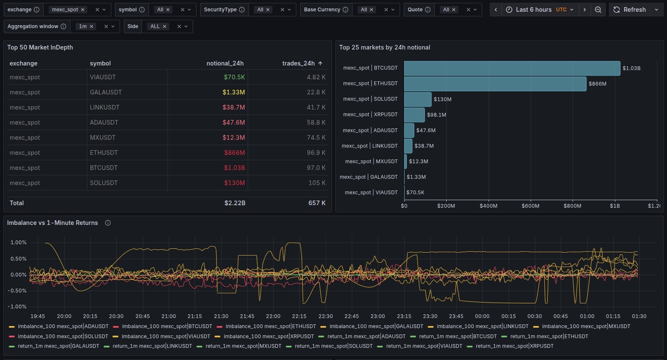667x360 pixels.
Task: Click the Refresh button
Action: pyautogui.click(x=630, y=10)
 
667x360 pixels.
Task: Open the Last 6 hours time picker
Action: pyautogui.click(x=539, y=10)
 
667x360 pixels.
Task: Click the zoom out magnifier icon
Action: pyautogui.click(x=598, y=10)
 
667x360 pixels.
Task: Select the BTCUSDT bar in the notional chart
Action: pyautogui.click(x=512, y=68)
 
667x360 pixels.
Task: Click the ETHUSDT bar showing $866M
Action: pyautogui.click(x=495, y=84)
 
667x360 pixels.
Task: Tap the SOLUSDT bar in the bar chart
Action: pyautogui.click(x=418, y=99)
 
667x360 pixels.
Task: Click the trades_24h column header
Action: pyautogui.click(x=298, y=63)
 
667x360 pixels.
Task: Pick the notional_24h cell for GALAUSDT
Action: pyautogui.click(x=233, y=92)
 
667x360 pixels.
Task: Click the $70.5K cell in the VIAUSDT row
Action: pyautogui.click(x=234, y=77)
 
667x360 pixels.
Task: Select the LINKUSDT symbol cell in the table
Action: pyautogui.click(x=105, y=107)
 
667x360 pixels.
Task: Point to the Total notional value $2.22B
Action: pyautogui.click(x=235, y=203)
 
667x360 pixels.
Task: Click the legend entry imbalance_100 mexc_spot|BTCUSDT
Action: pyautogui.click(x=167, y=326)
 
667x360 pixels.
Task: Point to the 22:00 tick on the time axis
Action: pyautogui.click(x=273, y=316)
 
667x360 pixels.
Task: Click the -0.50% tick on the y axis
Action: pyautogui.click(x=18, y=291)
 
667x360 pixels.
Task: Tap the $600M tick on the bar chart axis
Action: pyautogui.click(x=530, y=206)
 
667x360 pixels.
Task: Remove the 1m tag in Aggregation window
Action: pyautogui.click(x=92, y=26)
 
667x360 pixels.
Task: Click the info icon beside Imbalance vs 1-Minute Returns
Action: pyautogui.click(x=108, y=223)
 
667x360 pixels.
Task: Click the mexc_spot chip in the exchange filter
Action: pyautogui.click(x=65, y=10)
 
